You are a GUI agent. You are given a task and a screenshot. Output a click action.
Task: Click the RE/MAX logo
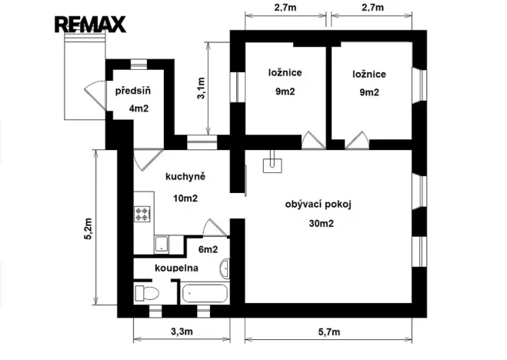89,24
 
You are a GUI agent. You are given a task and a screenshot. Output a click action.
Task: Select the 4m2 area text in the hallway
138,108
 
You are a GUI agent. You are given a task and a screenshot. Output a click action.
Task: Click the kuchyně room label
185,177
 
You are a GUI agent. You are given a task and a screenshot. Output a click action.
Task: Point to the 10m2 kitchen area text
185,198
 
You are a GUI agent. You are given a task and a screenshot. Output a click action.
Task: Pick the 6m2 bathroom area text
208,249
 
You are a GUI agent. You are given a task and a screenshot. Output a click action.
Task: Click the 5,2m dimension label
88,229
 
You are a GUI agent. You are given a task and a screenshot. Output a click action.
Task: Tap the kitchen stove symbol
143,213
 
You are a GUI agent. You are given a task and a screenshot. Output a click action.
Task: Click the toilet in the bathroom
146,292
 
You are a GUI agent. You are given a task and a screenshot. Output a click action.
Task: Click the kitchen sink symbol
162,245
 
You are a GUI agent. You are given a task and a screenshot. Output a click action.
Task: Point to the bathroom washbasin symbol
224,269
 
